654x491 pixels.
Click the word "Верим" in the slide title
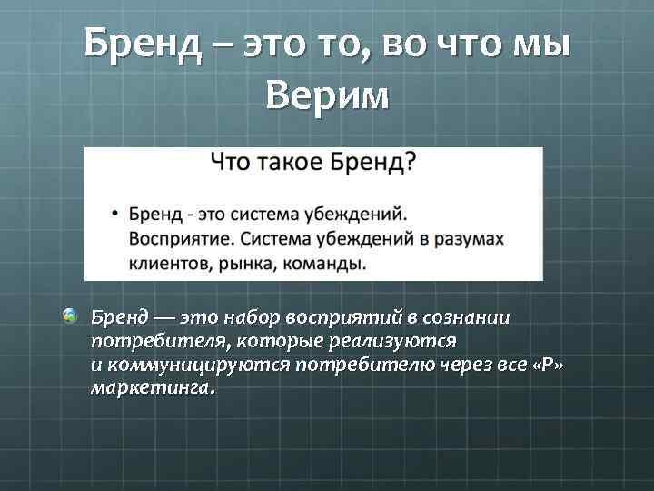[328, 95]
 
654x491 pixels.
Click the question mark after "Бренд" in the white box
[411, 164]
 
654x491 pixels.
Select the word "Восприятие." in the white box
[178, 239]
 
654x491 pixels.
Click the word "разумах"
[468, 239]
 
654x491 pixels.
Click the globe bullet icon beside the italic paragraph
[70, 316]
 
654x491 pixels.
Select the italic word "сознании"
[468, 318]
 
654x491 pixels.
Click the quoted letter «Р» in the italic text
[546, 363]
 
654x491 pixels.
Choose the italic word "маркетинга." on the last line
[154, 386]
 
